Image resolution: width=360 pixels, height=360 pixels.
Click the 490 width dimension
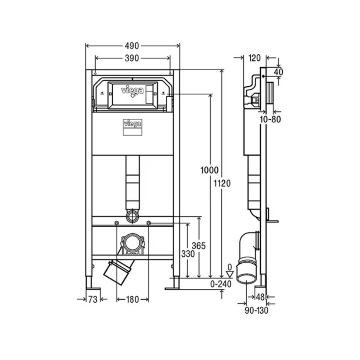(132, 46)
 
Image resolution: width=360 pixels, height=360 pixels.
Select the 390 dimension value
(132, 58)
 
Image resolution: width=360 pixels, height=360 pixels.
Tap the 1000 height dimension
(209, 170)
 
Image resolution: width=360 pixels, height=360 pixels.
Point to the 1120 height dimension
(222, 183)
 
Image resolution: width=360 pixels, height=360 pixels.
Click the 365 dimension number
(199, 246)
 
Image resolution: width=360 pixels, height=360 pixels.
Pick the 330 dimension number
(188, 254)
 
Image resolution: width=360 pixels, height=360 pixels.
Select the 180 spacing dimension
(132, 299)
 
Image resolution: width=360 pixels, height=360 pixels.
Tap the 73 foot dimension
(93, 299)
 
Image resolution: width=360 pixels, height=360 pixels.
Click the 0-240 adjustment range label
(221, 284)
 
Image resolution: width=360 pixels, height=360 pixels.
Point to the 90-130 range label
(256, 311)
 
